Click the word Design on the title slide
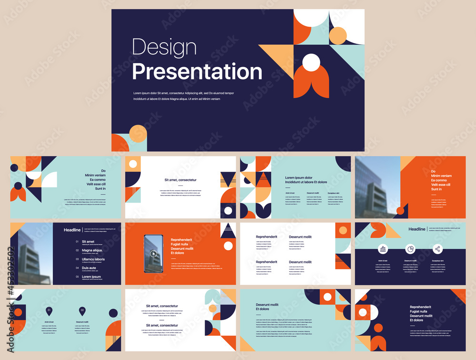click(x=164, y=48)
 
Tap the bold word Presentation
click(x=197, y=72)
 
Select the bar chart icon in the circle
click(x=383, y=249)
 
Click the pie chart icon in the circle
click(x=410, y=249)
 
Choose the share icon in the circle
click(x=437, y=249)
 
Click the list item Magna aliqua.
click(x=92, y=250)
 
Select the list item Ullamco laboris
click(x=93, y=259)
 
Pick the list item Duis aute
click(x=89, y=268)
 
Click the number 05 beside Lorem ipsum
click(x=77, y=277)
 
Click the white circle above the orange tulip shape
click(x=311, y=62)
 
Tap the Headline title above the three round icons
click(x=416, y=229)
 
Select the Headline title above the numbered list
click(x=72, y=230)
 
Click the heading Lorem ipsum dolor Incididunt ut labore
click(x=306, y=180)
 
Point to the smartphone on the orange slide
click(x=153, y=253)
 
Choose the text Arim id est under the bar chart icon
click(x=383, y=261)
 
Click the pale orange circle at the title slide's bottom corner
click(x=138, y=134)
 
